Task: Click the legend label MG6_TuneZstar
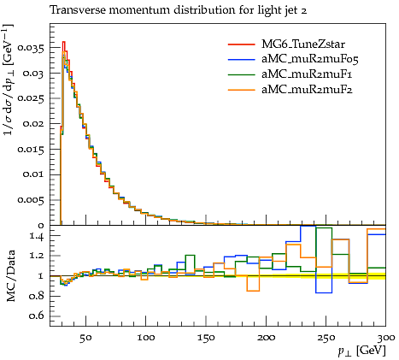(303, 44)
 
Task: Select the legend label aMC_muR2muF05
(310, 59)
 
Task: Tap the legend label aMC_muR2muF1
(307, 74)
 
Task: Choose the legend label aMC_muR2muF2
(307, 90)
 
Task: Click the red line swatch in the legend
(242, 44)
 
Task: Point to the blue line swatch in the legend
(242, 59)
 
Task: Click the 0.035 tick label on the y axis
(31, 48)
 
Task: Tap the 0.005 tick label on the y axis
(31, 200)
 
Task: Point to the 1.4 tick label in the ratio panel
(37, 236)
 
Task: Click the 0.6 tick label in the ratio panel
(36, 316)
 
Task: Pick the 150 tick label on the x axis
(206, 338)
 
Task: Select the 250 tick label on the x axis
(326, 338)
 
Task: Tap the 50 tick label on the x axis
(85, 338)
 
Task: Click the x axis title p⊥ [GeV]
(362, 351)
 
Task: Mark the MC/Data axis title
(10, 276)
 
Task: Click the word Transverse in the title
(77, 10)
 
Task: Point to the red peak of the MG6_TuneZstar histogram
(64, 42)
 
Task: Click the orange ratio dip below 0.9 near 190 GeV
(253, 291)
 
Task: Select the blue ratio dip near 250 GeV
(324, 292)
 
